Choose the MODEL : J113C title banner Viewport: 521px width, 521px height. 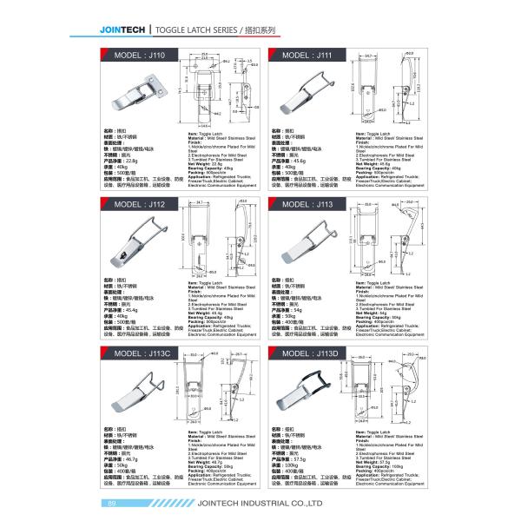140,353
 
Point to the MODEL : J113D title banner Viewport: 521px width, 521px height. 309,353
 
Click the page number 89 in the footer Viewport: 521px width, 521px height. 111,503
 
